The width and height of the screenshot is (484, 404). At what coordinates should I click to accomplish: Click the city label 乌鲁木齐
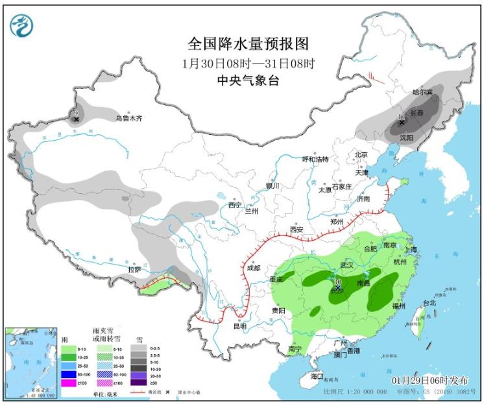pos(128,118)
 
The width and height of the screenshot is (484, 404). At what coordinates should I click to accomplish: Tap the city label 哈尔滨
pos(423,93)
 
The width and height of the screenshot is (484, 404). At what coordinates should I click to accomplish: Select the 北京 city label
pos(361,154)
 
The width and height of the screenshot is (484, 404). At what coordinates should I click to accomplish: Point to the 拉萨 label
pos(134,269)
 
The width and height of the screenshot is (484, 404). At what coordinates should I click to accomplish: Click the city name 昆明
pos(239,326)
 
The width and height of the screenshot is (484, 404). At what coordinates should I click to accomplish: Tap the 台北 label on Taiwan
pos(430,302)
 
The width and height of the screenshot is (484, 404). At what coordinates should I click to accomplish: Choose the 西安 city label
pos(297,230)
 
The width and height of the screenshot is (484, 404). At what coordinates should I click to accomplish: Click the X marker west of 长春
pos(402,122)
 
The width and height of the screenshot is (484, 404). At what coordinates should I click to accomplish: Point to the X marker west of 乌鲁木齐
pos(76,119)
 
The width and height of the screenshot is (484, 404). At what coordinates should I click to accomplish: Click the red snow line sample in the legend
pos(139,392)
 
